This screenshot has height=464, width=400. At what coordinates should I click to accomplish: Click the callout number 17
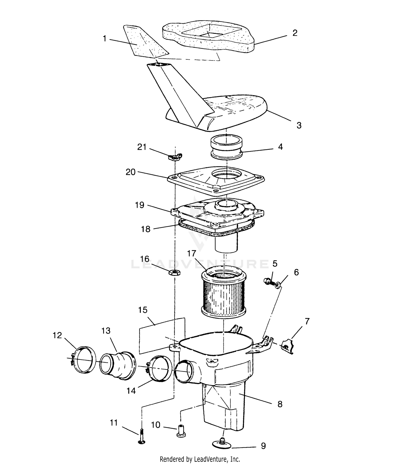191,253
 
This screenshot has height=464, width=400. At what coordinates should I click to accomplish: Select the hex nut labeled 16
175,272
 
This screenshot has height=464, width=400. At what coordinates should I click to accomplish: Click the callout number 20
131,172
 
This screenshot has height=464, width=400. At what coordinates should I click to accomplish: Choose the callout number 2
295,33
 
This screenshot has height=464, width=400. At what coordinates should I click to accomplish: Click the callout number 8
280,404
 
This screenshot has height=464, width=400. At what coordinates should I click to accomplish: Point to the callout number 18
146,229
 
